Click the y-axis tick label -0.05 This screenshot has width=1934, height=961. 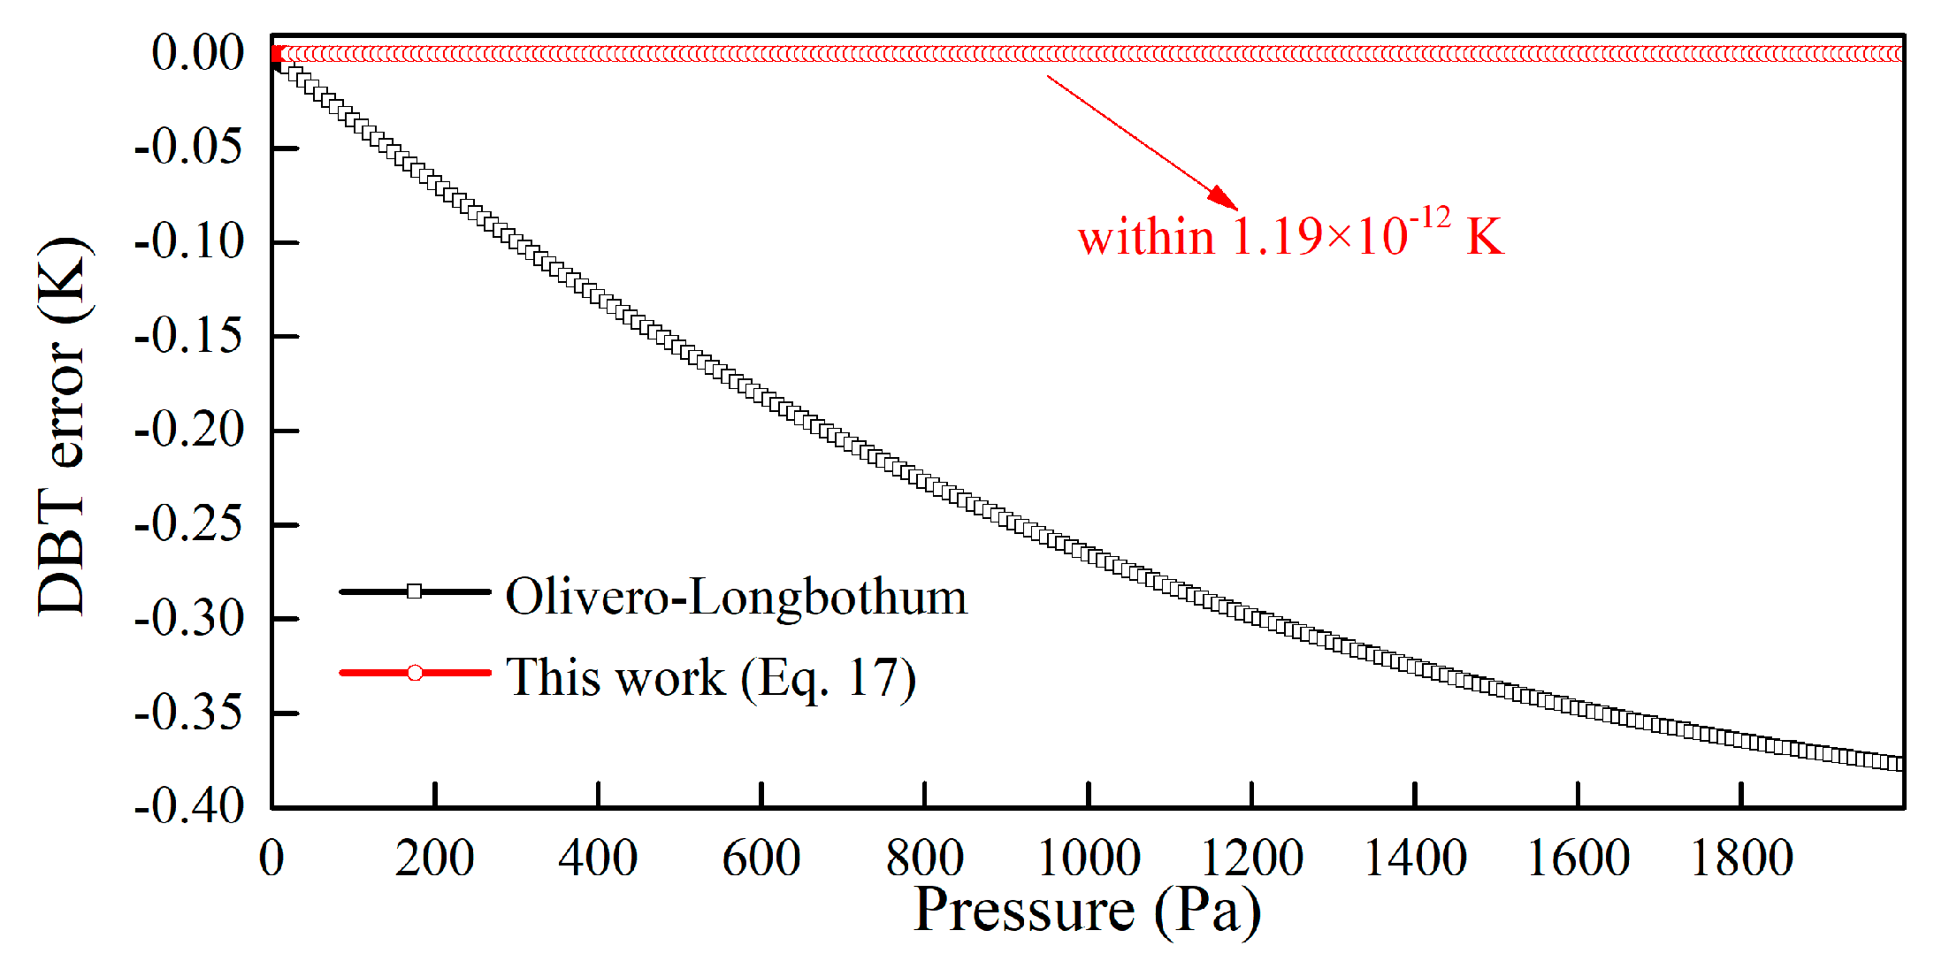pos(187,147)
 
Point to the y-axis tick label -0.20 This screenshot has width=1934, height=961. pos(187,431)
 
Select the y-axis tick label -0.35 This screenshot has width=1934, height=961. pos(187,713)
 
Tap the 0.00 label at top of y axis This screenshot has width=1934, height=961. pos(198,53)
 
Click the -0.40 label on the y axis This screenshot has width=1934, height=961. pos(187,806)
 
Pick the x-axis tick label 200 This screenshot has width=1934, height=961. pos(434,858)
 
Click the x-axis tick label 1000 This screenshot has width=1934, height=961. pos(1088,858)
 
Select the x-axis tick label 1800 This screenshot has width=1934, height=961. pos(1740,858)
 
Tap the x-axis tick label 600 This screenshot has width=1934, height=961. pos(761,858)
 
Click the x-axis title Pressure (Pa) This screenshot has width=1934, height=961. pos(1087,911)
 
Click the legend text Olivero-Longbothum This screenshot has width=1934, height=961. pos(736,597)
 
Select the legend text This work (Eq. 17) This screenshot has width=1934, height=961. pos(710,678)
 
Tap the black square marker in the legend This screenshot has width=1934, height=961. pos(414,591)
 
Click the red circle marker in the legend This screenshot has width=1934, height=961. pos(414,673)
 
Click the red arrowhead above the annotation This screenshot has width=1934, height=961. pos(1224,198)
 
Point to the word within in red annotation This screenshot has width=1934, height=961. pos(1145,238)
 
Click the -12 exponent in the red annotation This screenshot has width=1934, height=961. pos(1430,217)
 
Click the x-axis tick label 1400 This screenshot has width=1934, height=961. pos(1414,858)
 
